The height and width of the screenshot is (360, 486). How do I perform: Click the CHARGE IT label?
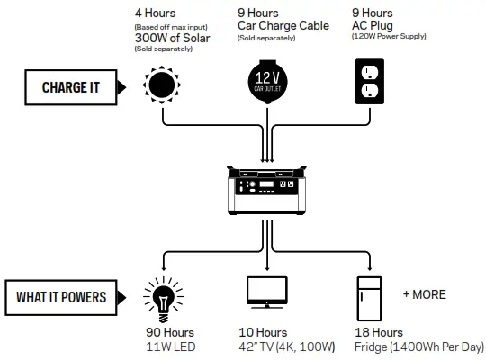click(71, 87)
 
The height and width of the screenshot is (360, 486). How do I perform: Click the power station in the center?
click(265, 192)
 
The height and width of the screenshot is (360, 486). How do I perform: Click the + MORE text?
click(424, 294)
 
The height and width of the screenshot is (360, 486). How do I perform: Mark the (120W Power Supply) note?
click(390, 38)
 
